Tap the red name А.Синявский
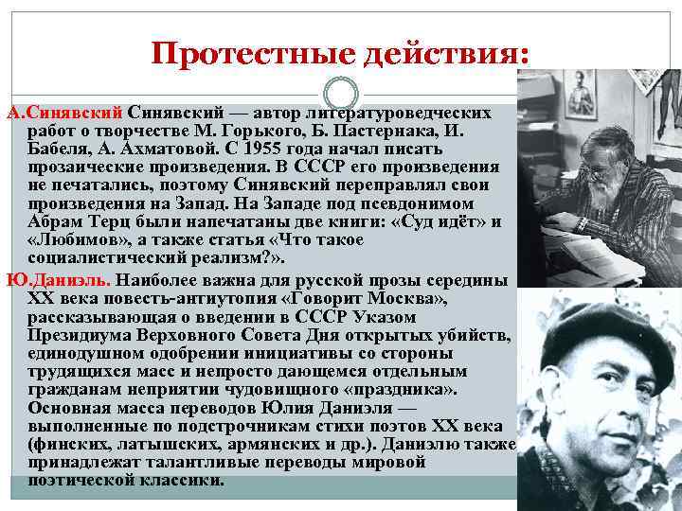point(64,114)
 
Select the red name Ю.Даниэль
point(59,282)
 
